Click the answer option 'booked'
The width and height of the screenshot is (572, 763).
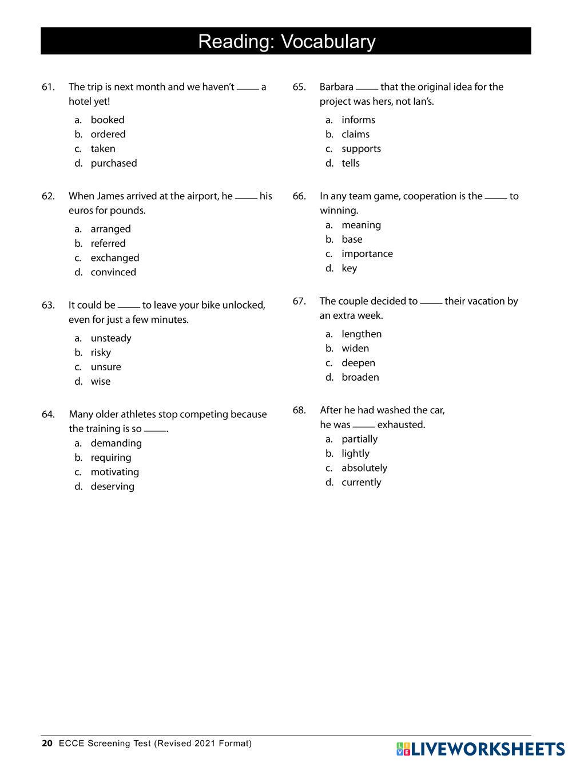pyautogui.click(x=107, y=120)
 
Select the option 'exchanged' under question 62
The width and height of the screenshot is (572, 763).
pyautogui.click(x=114, y=258)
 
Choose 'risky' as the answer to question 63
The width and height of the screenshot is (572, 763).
pyautogui.click(x=101, y=353)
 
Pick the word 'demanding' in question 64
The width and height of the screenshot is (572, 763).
pyautogui.click(x=116, y=443)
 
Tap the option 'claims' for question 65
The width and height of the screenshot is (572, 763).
pyautogui.click(x=355, y=134)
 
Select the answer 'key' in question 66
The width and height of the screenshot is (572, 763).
pyautogui.click(x=349, y=268)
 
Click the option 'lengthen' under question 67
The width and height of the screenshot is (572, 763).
pyautogui.click(x=362, y=334)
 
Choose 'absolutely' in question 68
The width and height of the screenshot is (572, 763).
pyautogui.click(x=364, y=468)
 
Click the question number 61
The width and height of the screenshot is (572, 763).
pyautogui.click(x=48, y=87)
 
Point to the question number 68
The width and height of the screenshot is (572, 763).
pyautogui.click(x=299, y=410)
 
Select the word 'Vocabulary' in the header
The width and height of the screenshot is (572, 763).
pyautogui.click(x=328, y=41)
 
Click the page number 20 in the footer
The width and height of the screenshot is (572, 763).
pyautogui.click(x=47, y=744)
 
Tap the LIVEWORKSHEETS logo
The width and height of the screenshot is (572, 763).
pyautogui.click(x=480, y=749)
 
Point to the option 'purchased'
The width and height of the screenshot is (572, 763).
pyautogui.click(x=114, y=163)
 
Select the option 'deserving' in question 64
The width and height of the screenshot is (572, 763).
pyautogui.click(x=112, y=487)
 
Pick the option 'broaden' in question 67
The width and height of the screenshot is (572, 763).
pyautogui.click(x=360, y=377)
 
